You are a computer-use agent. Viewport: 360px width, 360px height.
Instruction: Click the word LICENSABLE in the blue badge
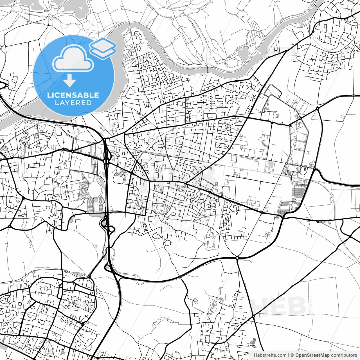point(73,95)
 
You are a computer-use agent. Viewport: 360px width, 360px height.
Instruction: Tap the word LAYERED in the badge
point(73,103)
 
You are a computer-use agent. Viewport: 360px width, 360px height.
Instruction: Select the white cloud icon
point(73,58)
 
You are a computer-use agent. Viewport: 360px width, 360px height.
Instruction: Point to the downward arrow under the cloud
point(69,81)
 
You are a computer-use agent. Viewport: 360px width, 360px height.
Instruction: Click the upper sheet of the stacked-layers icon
point(103,44)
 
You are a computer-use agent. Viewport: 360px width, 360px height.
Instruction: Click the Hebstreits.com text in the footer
point(270,355)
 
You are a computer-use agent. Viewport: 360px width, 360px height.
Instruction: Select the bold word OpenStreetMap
point(312,355)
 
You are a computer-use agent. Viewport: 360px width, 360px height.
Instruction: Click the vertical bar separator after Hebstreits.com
point(289,355)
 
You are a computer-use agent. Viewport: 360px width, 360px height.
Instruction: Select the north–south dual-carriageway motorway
point(107,183)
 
